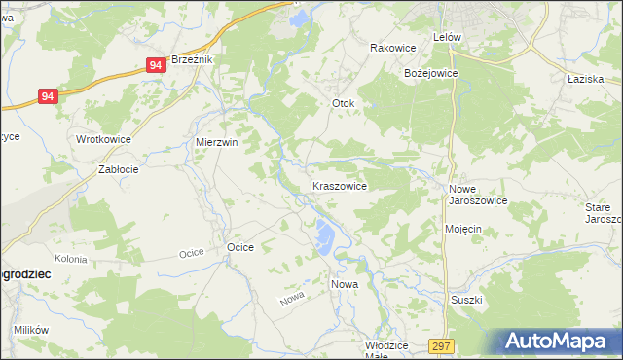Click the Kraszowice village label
pos(339,185)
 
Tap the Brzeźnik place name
pos(192,59)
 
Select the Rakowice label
pos(393,47)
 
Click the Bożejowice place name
pos(430,73)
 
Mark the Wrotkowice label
pos(103,139)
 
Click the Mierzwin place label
pos(217,142)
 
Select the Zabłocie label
pos(119,168)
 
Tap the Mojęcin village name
pos(463,229)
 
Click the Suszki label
pos(466,300)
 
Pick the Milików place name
pos(31,330)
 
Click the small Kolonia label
pos(71,259)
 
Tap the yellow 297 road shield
pos(441,345)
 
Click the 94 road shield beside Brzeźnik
pos(157,65)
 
